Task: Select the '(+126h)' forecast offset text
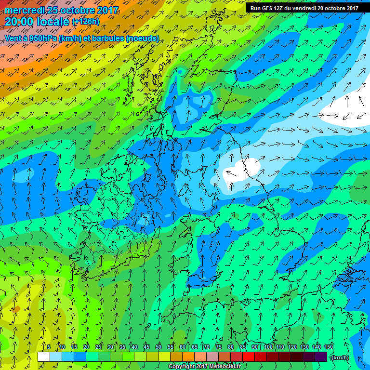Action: pos(85,22)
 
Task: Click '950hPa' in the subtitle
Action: pos(42,38)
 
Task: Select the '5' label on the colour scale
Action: pos(49,347)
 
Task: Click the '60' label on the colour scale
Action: pos(183,347)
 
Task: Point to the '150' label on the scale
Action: pos(329,347)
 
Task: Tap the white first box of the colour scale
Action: pos(44,357)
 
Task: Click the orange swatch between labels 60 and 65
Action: pos(188,357)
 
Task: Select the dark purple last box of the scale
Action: pos(321,357)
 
